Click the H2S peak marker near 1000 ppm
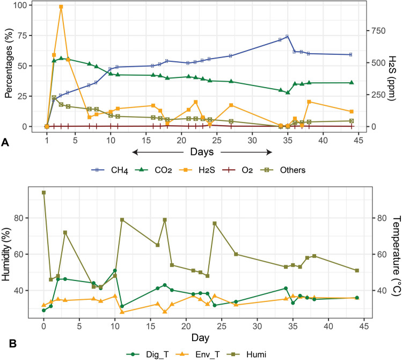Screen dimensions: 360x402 pos(61,7)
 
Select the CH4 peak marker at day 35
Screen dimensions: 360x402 pos(287,37)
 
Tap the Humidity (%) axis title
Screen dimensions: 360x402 pos(9,253)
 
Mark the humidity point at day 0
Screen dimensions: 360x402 pos(43,192)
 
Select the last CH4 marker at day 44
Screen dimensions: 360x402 pos(351,54)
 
